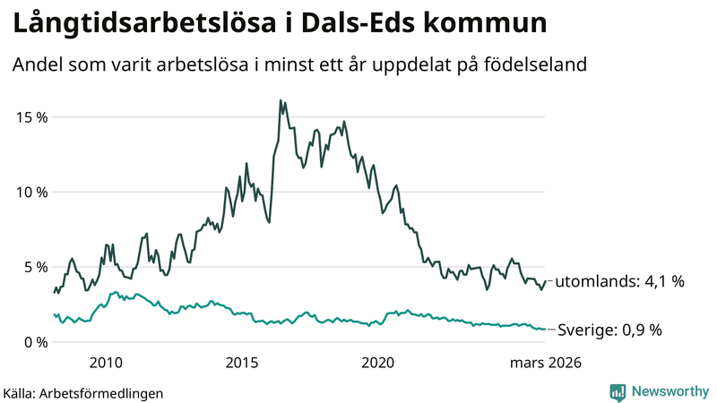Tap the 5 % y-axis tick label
pyautogui.click(x=33, y=267)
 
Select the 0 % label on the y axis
pyautogui.click(x=33, y=342)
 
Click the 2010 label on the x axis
pyautogui.click(x=106, y=363)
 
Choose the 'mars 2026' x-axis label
pyautogui.click(x=546, y=363)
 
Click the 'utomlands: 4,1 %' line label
pyautogui.click(x=619, y=281)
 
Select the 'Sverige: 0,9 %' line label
pyautogui.click(x=609, y=330)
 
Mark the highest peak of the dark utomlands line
pyautogui.click(x=281, y=100)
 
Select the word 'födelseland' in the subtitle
pyautogui.click(x=541, y=65)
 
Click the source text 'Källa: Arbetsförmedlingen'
pyautogui.click(x=83, y=392)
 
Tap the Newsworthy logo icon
pyautogui.click(x=618, y=391)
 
